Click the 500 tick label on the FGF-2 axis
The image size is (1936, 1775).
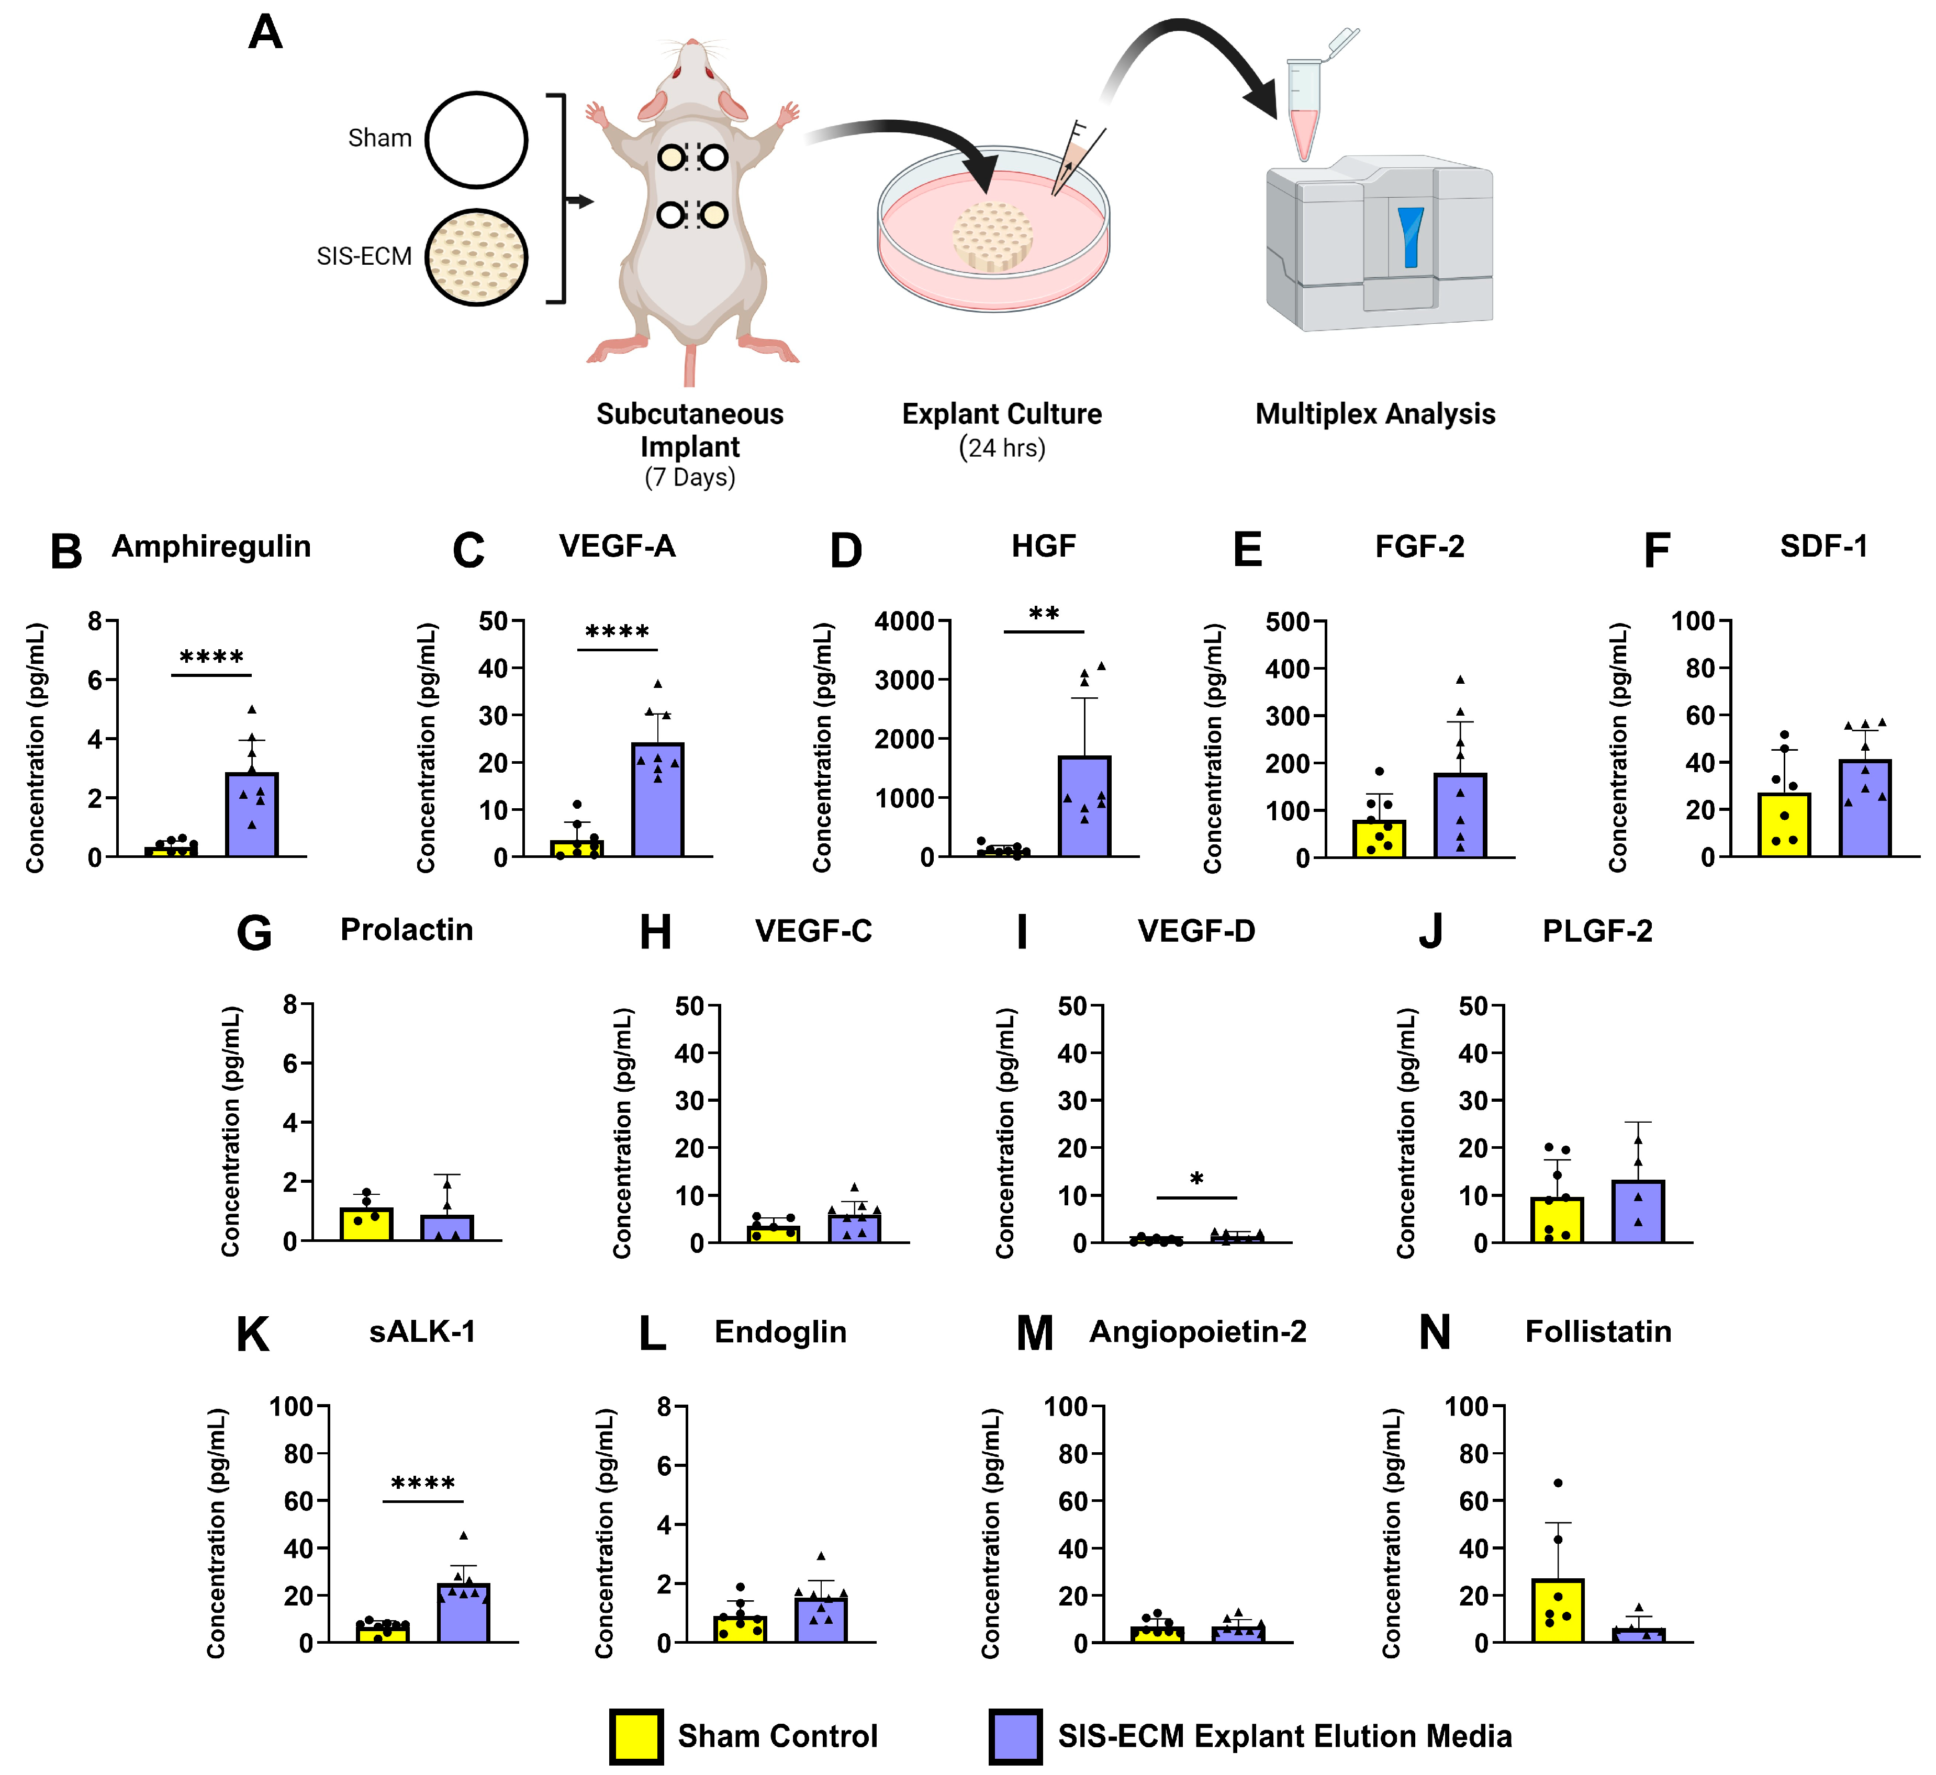tap(1288, 621)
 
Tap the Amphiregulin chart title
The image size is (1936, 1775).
tap(211, 547)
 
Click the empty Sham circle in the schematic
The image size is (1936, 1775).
tap(477, 140)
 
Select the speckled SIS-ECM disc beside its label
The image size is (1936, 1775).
tap(477, 257)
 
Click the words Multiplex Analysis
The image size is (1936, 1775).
tap(1375, 414)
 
